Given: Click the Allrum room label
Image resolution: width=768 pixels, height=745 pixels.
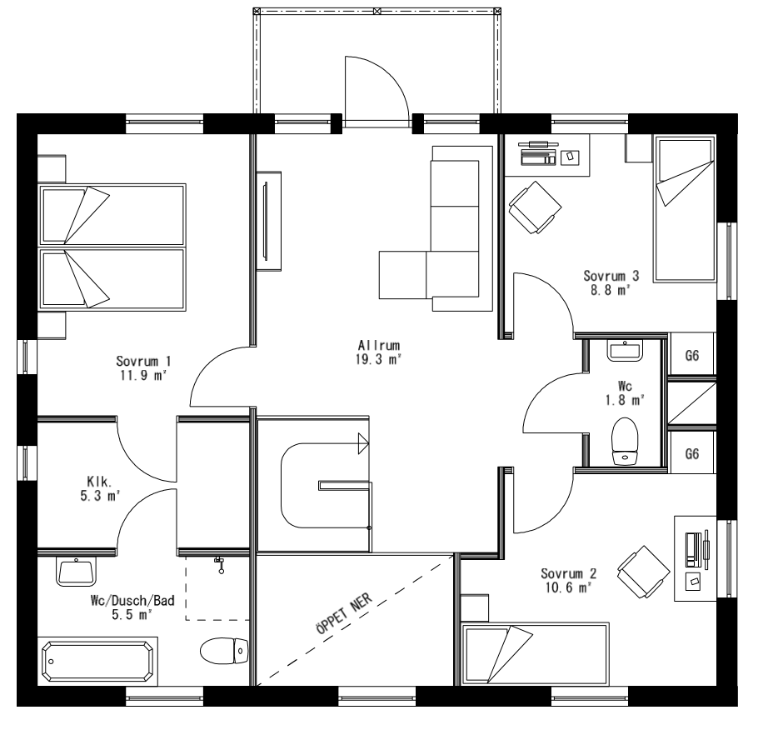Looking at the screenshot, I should click(x=380, y=345).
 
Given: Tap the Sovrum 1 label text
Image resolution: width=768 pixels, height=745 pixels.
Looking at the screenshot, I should click(x=144, y=361).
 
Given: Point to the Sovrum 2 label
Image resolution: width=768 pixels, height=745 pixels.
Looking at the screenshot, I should click(x=568, y=573).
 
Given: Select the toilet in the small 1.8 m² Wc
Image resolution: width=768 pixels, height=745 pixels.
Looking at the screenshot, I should click(x=624, y=442).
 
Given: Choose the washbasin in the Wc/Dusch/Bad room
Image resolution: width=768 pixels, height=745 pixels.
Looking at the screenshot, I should click(x=77, y=572).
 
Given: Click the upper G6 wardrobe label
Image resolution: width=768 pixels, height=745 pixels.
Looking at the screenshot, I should click(x=691, y=355).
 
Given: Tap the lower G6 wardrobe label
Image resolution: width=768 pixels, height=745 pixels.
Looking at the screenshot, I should click(x=691, y=454).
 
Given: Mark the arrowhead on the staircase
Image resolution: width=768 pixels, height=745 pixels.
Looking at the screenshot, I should click(x=363, y=443).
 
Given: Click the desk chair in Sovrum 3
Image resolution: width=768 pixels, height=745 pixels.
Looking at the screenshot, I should click(x=532, y=207).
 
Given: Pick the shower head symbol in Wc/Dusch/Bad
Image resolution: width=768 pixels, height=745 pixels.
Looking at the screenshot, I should click(x=220, y=564).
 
